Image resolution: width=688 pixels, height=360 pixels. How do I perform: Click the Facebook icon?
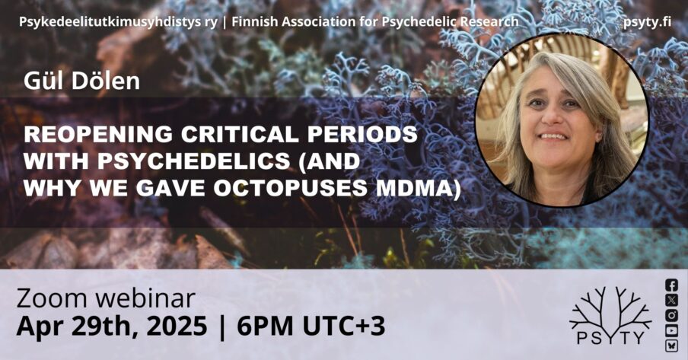[x=671, y=285]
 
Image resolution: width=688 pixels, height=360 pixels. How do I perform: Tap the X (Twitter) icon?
[x=671, y=300]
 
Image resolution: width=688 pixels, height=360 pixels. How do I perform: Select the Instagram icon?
[x=671, y=315]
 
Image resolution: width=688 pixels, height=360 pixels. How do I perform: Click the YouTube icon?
[x=671, y=331]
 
